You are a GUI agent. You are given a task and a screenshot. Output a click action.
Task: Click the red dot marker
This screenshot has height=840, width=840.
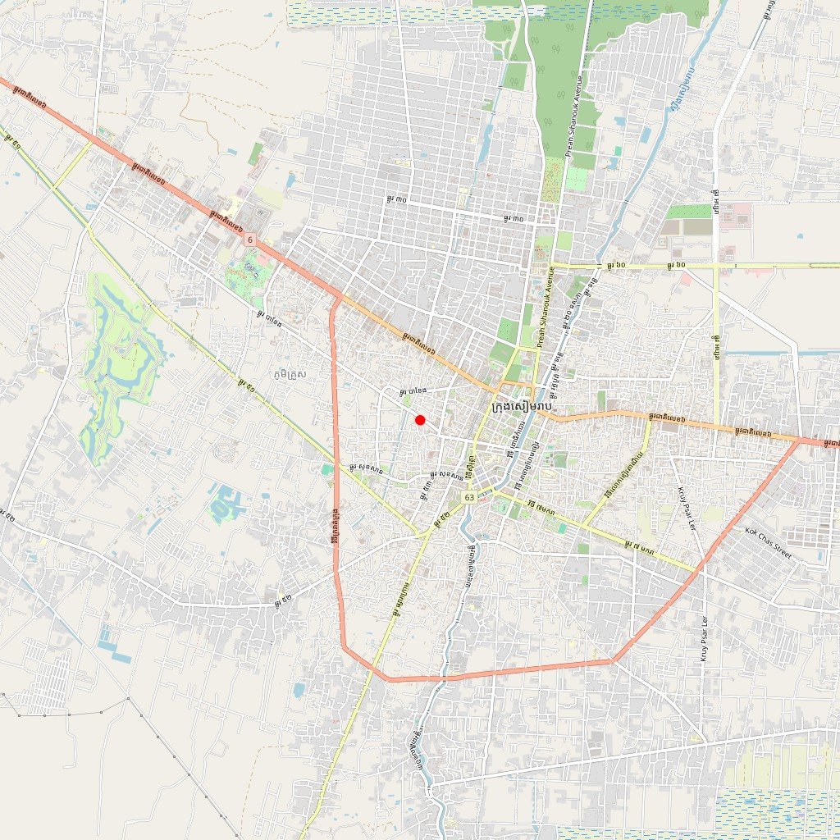[420, 420]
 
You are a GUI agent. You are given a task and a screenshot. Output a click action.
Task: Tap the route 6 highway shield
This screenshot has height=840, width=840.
[249, 239]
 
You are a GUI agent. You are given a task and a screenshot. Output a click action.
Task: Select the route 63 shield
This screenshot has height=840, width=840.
[468, 497]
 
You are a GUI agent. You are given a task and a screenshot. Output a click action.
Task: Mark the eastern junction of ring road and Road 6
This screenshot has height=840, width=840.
[800, 440]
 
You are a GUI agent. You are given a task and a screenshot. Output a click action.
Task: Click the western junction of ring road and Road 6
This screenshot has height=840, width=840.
[336, 297]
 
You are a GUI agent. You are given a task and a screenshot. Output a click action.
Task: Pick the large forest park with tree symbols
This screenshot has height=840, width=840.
[558, 90]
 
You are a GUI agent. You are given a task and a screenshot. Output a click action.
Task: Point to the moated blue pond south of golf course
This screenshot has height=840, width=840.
[223, 503]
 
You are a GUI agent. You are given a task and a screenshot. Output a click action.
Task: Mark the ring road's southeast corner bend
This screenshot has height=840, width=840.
[612, 660]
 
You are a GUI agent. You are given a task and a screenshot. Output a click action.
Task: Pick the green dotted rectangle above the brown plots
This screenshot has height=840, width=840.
[689, 211]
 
